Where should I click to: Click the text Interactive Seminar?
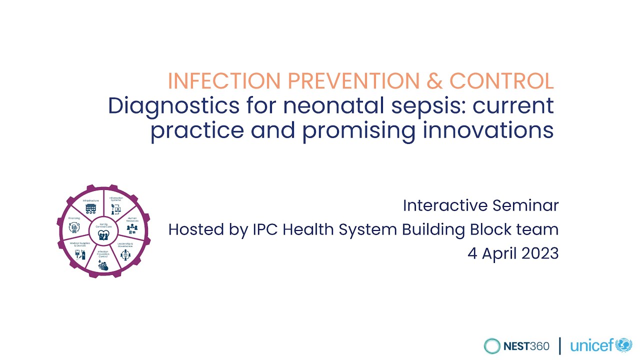pyautogui.click(x=480, y=205)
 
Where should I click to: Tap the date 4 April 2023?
pyautogui.click(x=513, y=253)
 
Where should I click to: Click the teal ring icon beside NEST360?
pyautogui.click(x=492, y=345)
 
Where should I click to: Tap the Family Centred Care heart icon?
pyautogui.click(x=103, y=235)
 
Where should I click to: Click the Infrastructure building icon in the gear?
pyautogui.click(x=90, y=208)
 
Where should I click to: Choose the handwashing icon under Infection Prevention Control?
pyautogui.click(x=102, y=265)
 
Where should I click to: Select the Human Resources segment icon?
pyautogui.click(x=132, y=228)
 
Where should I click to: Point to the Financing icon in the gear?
pyautogui.click(x=74, y=228)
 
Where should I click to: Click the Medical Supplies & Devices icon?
pyautogui.click(x=79, y=254)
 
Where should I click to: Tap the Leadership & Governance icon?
pyautogui.click(x=124, y=255)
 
